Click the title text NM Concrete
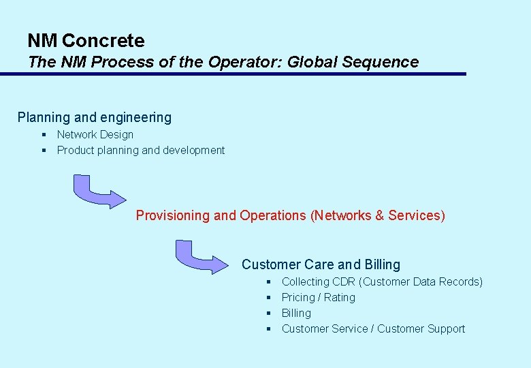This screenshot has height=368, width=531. pyautogui.click(x=86, y=41)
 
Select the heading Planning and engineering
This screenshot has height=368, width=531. pyautogui.click(x=95, y=117)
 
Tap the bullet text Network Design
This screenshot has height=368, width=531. pyautogui.click(x=95, y=135)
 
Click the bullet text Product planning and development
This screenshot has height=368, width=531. pyautogui.click(x=140, y=151)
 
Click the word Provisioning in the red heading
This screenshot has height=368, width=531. pyautogui.click(x=173, y=215)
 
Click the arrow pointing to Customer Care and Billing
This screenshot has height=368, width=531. pyautogui.click(x=199, y=256)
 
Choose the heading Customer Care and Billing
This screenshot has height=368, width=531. pyautogui.click(x=321, y=264)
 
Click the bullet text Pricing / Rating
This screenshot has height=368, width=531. pyautogui.click(x=318, y=298)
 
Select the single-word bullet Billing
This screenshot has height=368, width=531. pyautogui.click(x=296, y=313)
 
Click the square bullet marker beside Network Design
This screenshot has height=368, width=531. pyautogui.click(x=43, y=135)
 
